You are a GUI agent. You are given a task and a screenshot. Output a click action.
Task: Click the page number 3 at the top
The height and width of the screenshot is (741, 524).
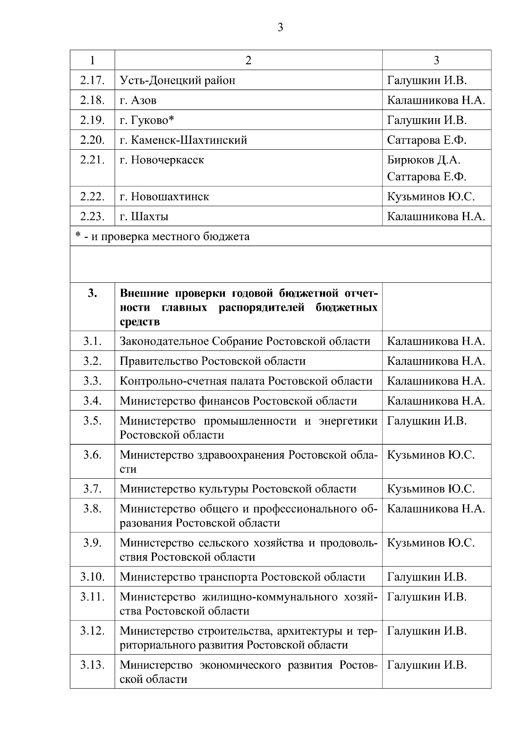click(x=280, y=27)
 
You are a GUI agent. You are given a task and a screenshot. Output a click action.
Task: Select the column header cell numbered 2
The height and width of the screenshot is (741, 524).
click(x=248, y=60)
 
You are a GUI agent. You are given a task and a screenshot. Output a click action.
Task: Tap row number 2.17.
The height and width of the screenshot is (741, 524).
click(x=92, y=80)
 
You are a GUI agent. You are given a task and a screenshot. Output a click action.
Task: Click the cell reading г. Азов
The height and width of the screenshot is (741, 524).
click(x=138, y=100)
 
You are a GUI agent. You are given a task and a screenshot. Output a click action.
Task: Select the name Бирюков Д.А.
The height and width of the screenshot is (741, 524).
click(x=424, y=160)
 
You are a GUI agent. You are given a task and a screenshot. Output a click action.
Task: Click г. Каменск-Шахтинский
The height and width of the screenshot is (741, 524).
click(x=183, y=140)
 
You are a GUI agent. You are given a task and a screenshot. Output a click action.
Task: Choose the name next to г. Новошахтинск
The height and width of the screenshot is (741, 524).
click(x=431, y=197)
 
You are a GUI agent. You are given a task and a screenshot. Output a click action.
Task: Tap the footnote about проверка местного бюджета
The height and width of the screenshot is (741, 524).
click(x=162, y=237)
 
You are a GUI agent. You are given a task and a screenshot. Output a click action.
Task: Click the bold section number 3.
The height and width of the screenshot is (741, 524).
click(x=92, y=294)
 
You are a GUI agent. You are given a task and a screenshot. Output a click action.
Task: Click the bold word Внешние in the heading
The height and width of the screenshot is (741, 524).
click(x=142, y=293)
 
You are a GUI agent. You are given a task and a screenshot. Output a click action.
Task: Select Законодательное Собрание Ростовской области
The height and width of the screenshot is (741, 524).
click(x=245, y=341)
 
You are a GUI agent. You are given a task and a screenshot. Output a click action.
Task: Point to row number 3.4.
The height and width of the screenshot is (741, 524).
click(x=92, y=401)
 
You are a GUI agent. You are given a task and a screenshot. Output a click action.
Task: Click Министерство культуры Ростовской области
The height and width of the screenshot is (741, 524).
click(x=238, y=489)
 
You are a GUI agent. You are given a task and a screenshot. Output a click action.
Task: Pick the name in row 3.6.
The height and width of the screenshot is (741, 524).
click(x=431, y=455)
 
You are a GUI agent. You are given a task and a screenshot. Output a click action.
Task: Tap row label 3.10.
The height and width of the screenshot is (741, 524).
click(x=92, y=577)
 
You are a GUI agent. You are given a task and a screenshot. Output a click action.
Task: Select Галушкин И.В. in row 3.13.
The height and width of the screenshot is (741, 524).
click(x=427, y=665)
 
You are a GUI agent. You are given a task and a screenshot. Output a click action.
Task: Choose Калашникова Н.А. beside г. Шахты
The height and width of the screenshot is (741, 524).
click(x=436, y=216)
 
